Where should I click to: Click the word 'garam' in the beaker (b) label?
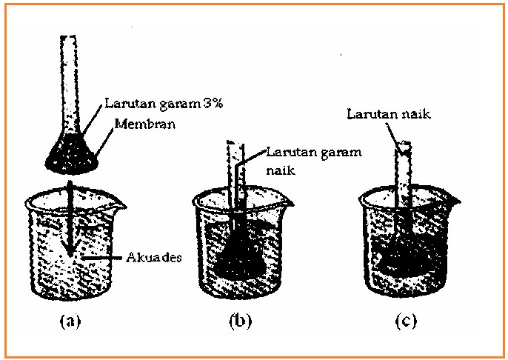coord(341,153)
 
